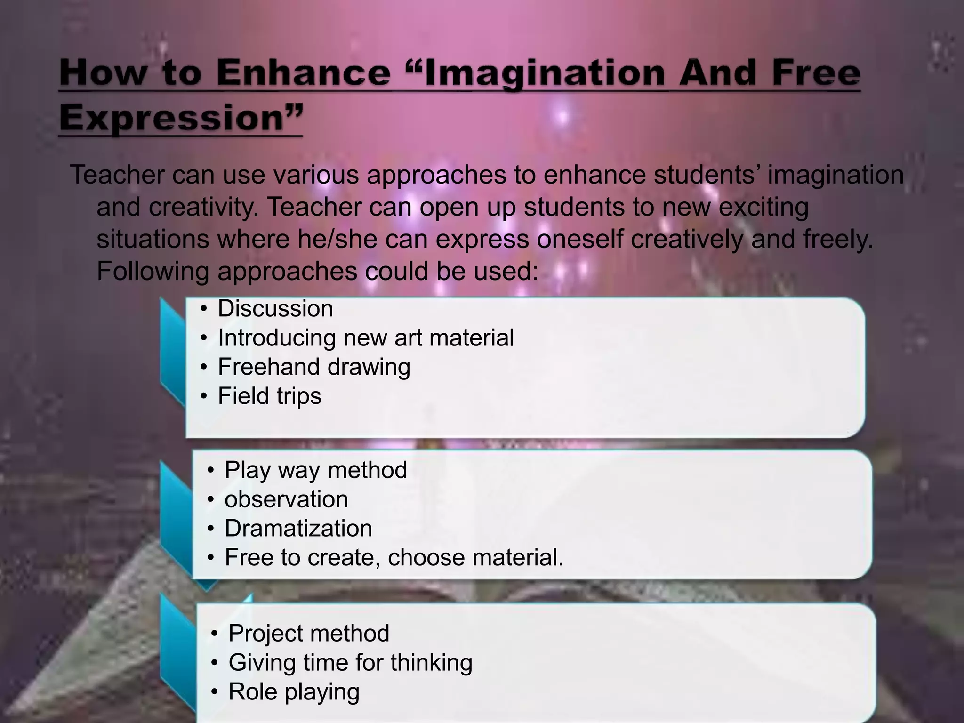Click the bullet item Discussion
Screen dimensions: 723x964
click(x=275, y=309)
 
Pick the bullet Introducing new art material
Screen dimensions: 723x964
click(x=366, y=338)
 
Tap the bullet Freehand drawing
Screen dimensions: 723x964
click(x=314, y=367)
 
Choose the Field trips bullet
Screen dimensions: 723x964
click(x=269, y=396)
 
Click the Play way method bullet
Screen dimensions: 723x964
click(x=316, y=470)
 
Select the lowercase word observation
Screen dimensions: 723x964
click(x=286, y=499)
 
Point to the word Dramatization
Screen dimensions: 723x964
click(x=298, y=529)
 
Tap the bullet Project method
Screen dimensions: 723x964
click(x=309, y=634)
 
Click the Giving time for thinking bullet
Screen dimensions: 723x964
click(x=350, y=663)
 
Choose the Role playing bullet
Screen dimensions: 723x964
click(x=294, y=692)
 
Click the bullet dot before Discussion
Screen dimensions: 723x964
click(x=203, y=309)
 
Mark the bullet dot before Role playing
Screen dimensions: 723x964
click(x=215, y=692)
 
